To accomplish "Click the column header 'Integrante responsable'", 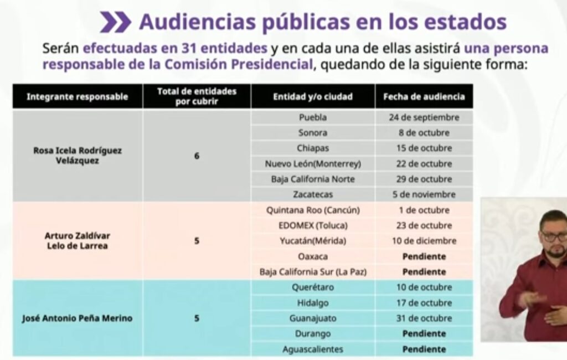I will [78, 97].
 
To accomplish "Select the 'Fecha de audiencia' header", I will [424, 97].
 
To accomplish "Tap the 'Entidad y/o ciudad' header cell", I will [313, 97].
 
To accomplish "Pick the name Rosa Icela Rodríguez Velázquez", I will [78, 155].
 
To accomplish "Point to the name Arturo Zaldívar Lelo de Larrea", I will [78, 241].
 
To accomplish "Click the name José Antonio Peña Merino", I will [78, 318].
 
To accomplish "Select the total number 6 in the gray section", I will [197, 156].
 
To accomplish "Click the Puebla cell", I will [313, 117].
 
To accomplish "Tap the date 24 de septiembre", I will [424, 117].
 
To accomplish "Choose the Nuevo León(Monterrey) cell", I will [313, 164].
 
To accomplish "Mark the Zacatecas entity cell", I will [313, 195].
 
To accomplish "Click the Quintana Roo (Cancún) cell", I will [313, 210].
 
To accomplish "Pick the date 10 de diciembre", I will [424, 241].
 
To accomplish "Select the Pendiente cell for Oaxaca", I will [424, 256].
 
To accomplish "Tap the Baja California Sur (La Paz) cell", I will [313, 272].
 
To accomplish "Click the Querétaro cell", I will [313, 287].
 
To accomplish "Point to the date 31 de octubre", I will [424, 318].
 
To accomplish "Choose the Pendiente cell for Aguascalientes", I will [424, 349].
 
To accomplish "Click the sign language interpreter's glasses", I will [554, 237].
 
